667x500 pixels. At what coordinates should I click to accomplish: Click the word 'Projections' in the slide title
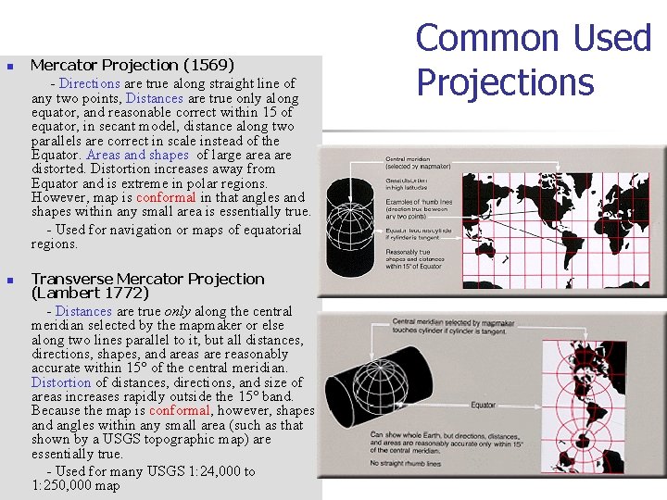(x=504, y=81)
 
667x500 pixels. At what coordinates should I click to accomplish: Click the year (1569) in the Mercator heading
(x=208, y=65)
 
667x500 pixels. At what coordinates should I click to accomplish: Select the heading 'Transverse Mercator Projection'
(x=147, y=279)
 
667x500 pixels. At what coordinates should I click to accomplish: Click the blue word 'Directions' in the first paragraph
(x=91, y=83)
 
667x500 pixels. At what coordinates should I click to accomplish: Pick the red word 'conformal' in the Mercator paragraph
(x=166, y=197)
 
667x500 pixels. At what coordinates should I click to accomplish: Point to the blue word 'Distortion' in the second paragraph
(x=61, y=382)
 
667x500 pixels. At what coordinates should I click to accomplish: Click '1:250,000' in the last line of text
(x=63, y=485)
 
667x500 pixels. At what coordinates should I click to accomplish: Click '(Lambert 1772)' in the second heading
(x=89, y=293)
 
